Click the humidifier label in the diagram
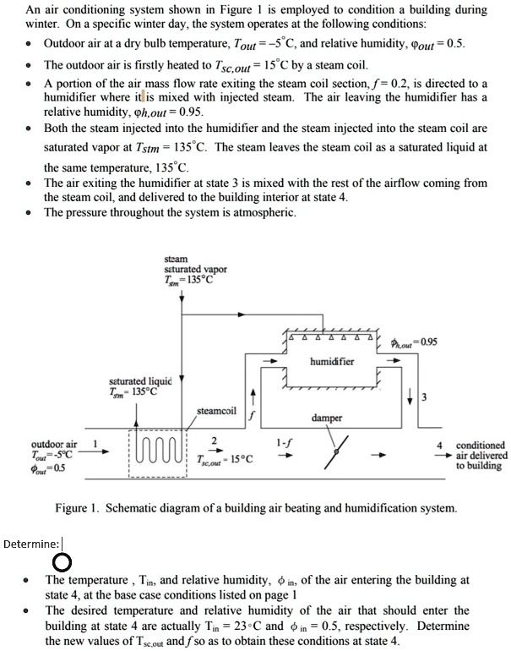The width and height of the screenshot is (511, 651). [333, 361]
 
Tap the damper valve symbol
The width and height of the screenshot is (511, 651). [336, 452]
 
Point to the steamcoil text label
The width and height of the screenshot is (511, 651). [216, 412]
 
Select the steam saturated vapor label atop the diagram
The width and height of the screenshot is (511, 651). [195, 270]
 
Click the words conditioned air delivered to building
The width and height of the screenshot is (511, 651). [481, 455]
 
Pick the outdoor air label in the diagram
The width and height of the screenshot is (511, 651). [54, 444]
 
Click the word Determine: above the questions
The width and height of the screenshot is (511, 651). [31, 544]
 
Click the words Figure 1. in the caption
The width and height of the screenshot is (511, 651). [79, 509]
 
